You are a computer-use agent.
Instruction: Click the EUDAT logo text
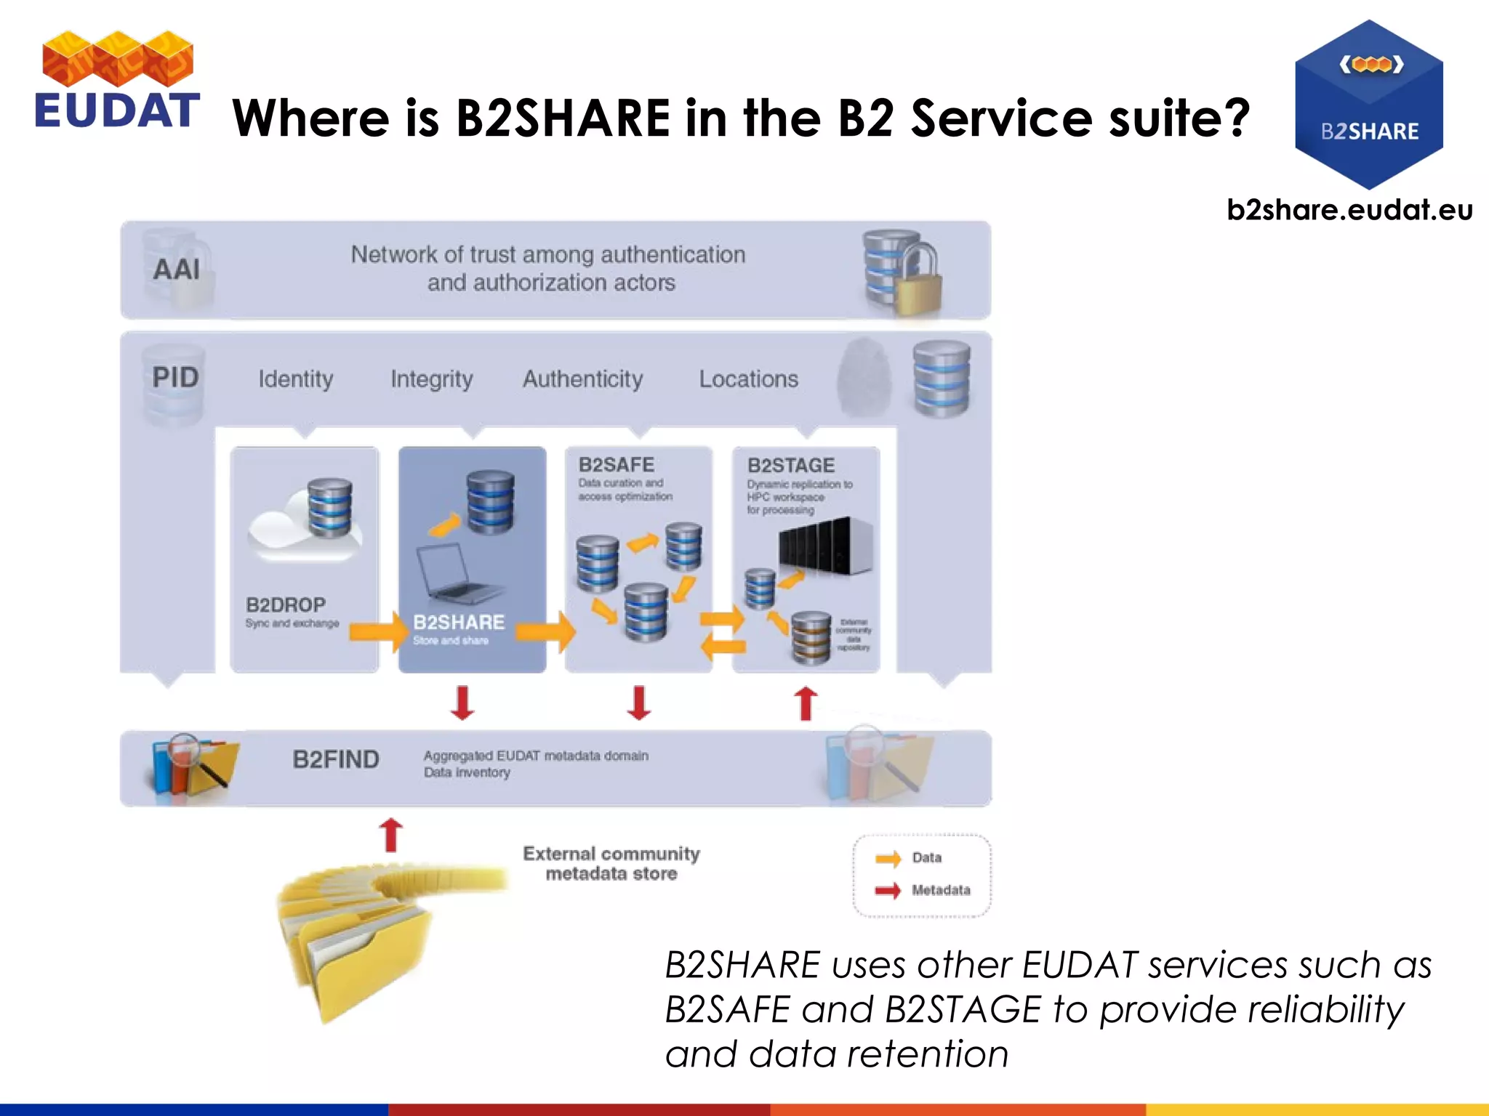116,110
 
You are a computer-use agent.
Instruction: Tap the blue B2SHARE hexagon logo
1368,105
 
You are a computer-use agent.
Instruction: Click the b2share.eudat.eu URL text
1349,211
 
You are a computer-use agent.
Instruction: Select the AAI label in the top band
177,270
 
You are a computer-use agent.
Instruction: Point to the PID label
175,377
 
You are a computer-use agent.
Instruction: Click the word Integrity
432,379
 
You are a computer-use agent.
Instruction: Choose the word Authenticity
583,379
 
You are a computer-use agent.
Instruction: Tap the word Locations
749,379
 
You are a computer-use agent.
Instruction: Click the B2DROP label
286,604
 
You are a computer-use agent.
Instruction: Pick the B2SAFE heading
617,465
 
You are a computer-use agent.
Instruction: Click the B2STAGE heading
791,466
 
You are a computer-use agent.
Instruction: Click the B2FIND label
336,760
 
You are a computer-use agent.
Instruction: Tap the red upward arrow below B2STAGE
805,703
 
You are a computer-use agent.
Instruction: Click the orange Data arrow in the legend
888,859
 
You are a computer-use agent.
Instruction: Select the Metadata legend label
941,890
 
